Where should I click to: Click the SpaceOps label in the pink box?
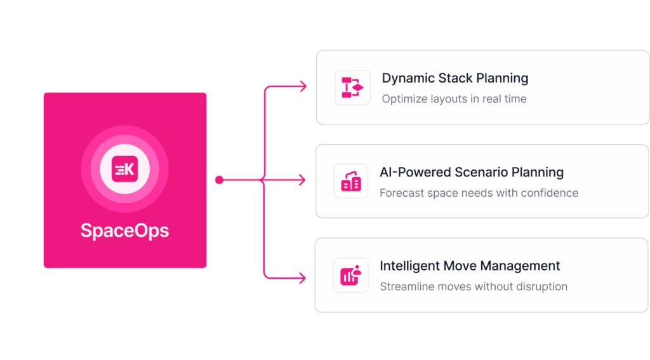click(x=124, y=230)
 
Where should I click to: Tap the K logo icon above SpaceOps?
click(x=124, y=170)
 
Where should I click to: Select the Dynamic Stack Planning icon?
click(x=352, y=88)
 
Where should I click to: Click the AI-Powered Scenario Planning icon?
click(x=351, y=181)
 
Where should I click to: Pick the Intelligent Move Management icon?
click(x=351, y=275)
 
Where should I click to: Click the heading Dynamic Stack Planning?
click(x=454, y=78)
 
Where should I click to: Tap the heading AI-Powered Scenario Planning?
click(x=471, y=172)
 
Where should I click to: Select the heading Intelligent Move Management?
click(x=470, y=265)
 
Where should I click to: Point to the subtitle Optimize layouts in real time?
click(x=454, y=99)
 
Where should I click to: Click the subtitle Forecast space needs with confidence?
click(x=479, y=193)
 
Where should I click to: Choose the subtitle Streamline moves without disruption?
click(x=474, y=286)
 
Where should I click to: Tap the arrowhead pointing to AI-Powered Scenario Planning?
click(x=303, y=180)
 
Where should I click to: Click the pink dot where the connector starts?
click(x=219, y=180)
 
